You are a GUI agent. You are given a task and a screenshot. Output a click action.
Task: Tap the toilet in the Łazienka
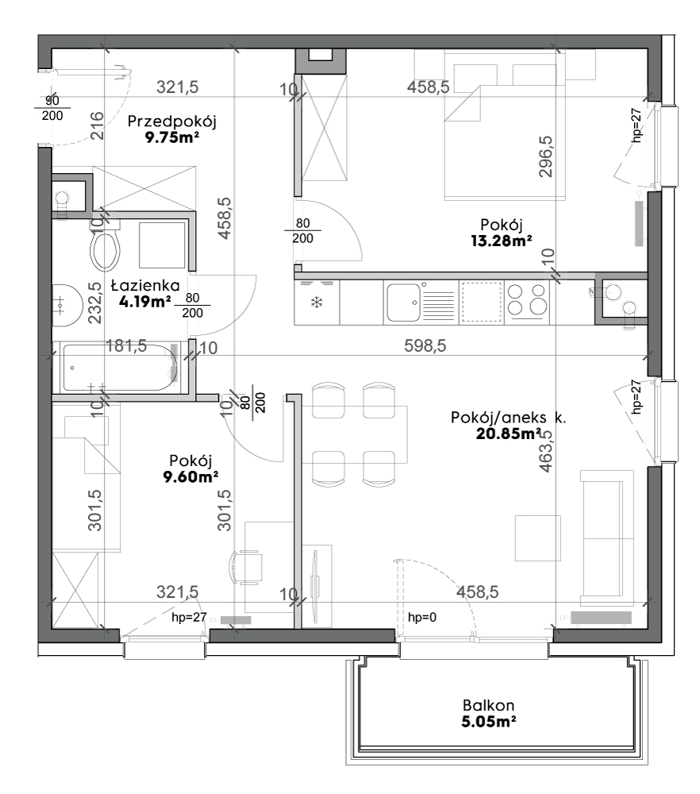coord(106,245)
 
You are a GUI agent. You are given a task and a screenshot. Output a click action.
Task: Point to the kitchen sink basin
coord(403,303)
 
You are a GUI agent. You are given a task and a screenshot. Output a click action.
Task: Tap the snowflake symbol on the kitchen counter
coord(317,303)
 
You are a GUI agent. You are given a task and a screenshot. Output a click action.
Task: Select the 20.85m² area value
coord(508,434)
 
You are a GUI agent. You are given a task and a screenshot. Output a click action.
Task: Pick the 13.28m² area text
coord(501,241)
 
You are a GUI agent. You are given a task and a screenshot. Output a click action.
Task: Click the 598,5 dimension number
coord(425,346)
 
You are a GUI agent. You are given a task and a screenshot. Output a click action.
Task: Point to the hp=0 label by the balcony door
coord(422,617)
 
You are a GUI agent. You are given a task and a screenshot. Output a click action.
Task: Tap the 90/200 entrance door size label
coord(52,108)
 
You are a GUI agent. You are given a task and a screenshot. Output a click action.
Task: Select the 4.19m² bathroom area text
coord(144,302)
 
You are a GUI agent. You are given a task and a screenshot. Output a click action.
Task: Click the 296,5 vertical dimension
coord(545,156)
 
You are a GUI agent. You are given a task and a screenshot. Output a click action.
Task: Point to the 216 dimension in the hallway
coord(97,125)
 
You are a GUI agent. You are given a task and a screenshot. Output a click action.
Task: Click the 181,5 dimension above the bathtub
coord(126,346)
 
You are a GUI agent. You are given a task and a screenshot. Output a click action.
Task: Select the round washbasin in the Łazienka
coord(67,304)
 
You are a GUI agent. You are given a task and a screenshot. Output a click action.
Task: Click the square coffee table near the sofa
coord(537,538)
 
